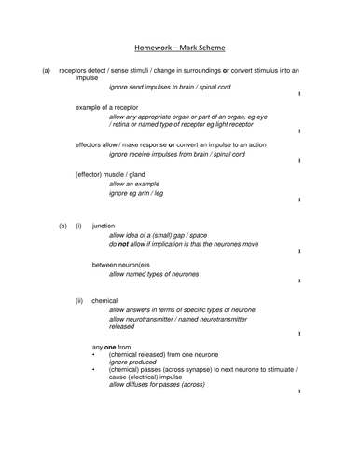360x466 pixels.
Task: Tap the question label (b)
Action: click(62, 226)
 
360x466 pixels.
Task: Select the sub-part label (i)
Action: click(79, 226)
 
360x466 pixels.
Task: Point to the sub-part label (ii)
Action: click(80, 301)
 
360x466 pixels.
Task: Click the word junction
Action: click(104, 226)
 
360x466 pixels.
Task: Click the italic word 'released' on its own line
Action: click(122, 327)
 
